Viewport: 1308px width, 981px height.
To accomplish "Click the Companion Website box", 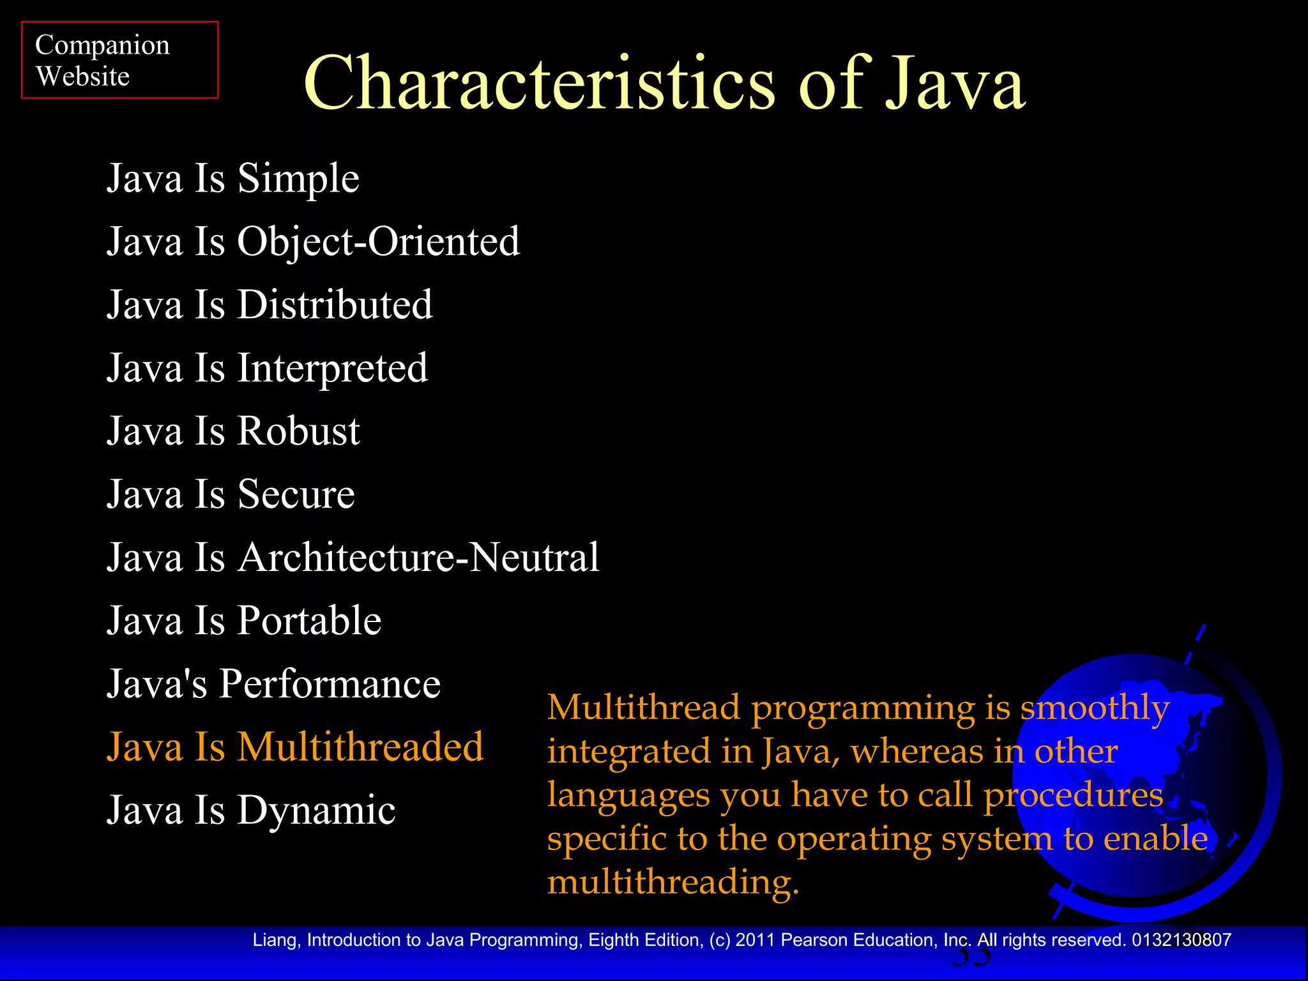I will pos(119,60).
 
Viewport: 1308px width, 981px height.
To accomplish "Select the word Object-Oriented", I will pos(378,241).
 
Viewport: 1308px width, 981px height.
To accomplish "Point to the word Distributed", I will pos(335,305).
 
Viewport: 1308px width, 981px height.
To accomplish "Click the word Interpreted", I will pos(332,369).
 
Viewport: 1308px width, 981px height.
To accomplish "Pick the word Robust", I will pos(298,431).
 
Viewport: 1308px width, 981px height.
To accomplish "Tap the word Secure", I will pos(296,494).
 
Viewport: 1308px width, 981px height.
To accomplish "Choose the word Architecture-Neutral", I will pos(418,558).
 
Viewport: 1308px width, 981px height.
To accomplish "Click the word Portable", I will pos(309,621).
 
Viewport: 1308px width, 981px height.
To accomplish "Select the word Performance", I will pos(330,684).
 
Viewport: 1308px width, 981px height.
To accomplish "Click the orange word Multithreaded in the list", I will pos(360,747).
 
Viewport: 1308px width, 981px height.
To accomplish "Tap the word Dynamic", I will pos(316,810).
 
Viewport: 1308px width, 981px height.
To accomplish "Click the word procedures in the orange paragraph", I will pos(1073,796).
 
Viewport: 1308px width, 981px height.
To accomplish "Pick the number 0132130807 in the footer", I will pos(1182,940).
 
